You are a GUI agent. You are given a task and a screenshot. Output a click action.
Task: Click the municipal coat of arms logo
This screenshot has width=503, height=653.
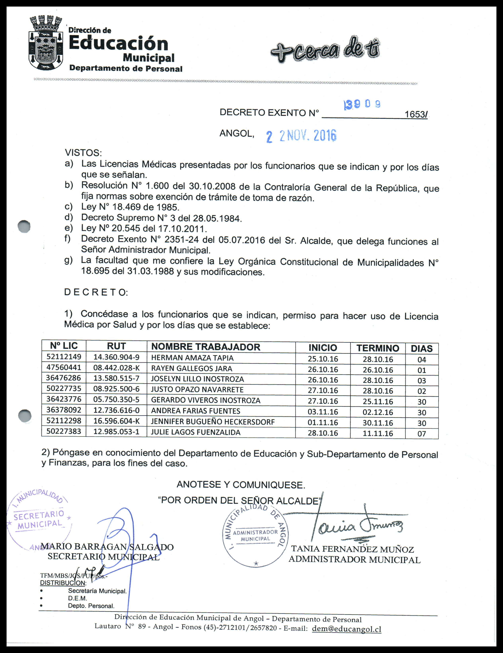click(46, 43)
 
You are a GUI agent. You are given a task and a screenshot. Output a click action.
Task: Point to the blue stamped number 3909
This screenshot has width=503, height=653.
click(362, 104)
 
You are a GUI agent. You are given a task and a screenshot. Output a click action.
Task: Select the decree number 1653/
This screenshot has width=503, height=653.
click(416, 114)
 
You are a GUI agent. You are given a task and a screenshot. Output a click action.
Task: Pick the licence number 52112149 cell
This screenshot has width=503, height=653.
click(64, 356)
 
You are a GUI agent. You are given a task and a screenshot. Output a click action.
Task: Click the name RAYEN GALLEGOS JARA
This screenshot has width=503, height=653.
click(191, 368)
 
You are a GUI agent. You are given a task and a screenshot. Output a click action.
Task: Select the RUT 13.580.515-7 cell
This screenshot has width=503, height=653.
click(116, 378)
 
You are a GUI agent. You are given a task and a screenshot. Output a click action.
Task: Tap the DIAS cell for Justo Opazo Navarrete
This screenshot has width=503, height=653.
click(422, 391)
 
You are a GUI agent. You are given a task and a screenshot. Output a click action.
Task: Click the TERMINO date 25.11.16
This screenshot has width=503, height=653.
click(378, 402)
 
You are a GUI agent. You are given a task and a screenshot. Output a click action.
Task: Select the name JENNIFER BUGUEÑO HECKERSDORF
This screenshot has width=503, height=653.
click(213, 422)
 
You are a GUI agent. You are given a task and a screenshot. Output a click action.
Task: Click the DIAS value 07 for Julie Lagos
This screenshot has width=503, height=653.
click(422, 434)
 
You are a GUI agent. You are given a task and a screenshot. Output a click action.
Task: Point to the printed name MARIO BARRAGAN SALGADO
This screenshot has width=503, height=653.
click(107, 547)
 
